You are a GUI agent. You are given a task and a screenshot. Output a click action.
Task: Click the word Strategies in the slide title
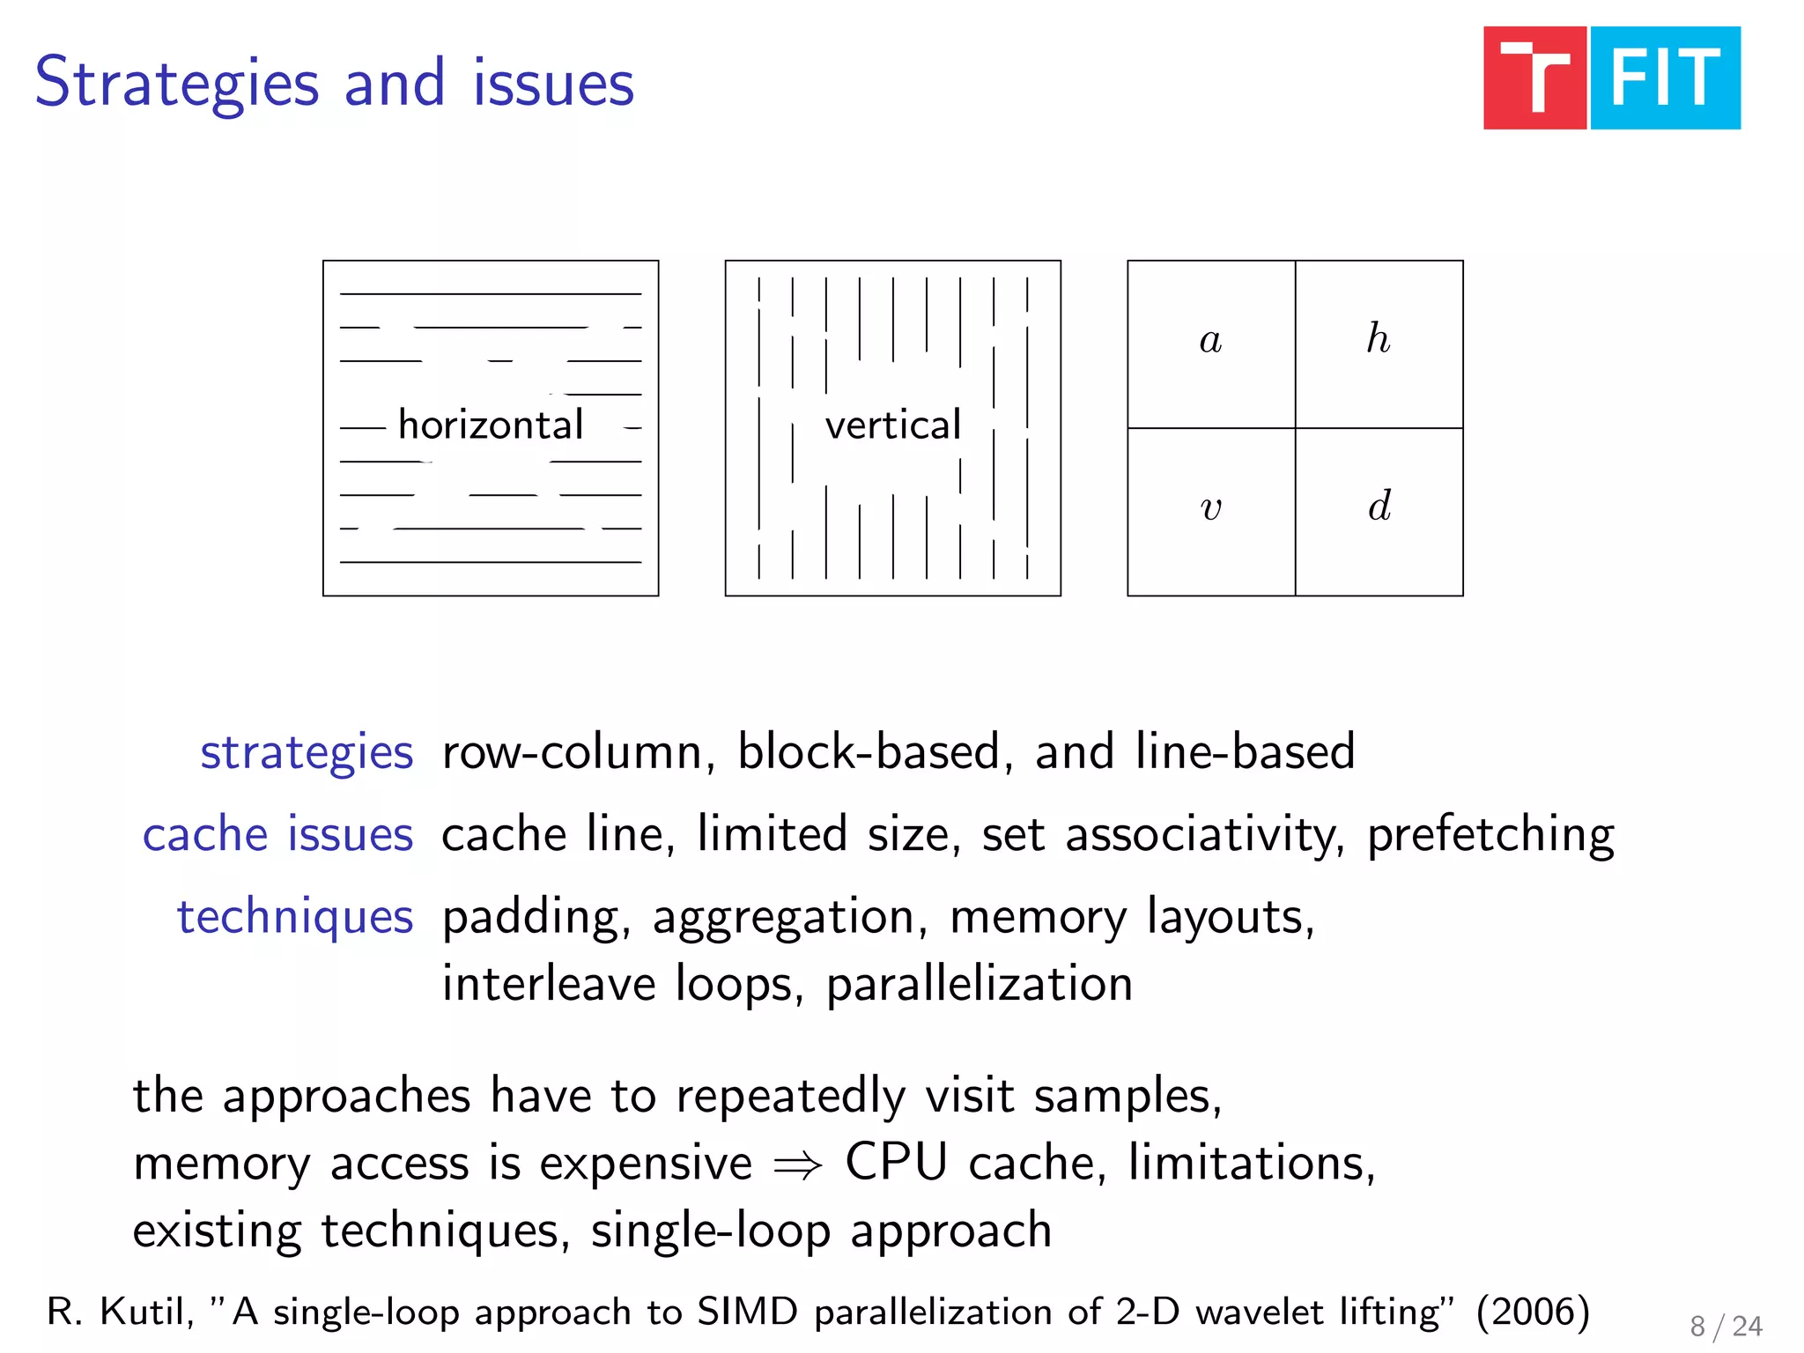click(176, 84)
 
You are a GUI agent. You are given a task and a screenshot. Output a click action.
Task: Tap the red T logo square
click(1534, 78)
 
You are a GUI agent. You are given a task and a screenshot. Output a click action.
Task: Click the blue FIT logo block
click(1665, 78)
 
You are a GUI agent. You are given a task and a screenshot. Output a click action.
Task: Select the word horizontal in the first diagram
click(491, 425)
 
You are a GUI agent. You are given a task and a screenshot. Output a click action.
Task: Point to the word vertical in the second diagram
click(892, 425)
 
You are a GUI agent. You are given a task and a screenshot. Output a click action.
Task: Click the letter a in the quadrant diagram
click(1210, 340)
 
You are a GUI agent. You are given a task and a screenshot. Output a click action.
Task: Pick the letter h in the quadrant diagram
click(1379, 338)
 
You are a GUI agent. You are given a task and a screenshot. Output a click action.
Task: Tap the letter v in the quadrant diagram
click(1211, 508)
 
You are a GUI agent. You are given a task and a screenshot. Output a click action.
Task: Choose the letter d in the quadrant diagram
click(1379, 506)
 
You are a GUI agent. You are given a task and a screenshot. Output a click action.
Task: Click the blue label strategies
click(307, 753)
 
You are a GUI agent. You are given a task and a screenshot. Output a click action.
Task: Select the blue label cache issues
click(277, 834)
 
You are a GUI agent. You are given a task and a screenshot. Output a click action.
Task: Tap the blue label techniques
click(295, 917)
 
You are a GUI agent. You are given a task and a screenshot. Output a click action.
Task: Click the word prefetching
click(1490, 835)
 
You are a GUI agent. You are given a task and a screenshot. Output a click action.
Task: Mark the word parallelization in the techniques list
click(979, 984)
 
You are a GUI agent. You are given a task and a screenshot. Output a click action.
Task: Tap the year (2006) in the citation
click(1533, 1312)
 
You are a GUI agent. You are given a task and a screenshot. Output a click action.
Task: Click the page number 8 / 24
click(1726, 1327)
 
